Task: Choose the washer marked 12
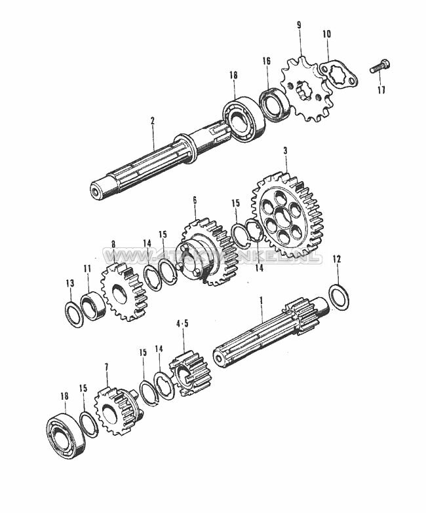[339, 297]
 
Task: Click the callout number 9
[299, 26]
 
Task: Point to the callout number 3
[285, 151]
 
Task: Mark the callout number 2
[152, 121]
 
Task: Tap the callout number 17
[381, 90]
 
